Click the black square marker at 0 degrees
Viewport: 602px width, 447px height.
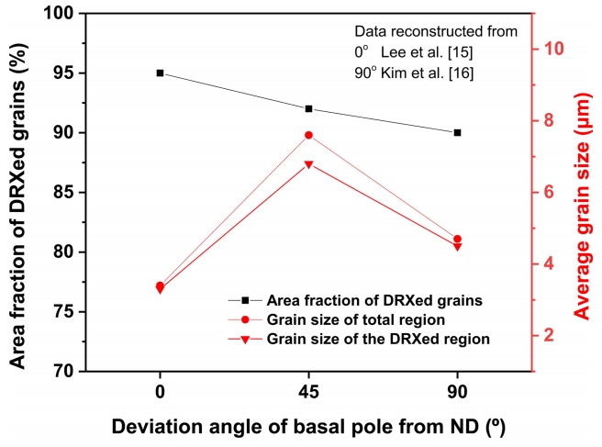coord(160,73)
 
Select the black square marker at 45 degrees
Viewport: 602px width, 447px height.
coord(308,108)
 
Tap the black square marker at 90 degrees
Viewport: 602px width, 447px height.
coord(457,132)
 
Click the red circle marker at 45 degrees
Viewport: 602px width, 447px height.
coord(308,135)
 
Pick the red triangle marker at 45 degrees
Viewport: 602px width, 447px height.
coord(308,165)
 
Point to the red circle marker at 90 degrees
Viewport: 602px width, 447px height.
coord(457,239)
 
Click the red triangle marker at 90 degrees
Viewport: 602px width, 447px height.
coord(457,247)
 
